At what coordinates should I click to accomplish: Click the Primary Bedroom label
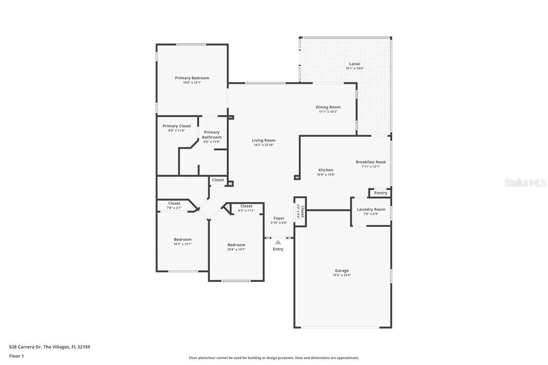[192, 78]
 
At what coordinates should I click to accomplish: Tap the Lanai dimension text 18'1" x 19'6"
[354, 68]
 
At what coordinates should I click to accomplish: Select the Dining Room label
[328, 107]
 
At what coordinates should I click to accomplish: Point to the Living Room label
[263, 141]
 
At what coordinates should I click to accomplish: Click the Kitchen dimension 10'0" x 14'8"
[326, 174]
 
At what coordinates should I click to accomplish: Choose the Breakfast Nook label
[371, 162]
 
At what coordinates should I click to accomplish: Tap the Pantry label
[380, 193]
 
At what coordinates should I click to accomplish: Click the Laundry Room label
[371, 209]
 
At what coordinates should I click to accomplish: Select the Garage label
[342, 271]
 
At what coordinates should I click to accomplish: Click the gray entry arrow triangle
[278, 242]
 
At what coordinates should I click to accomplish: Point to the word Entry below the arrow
[278, 249]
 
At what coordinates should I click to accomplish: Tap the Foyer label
[279, 218]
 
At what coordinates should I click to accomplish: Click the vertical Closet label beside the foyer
[302, 211]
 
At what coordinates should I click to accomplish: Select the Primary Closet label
[177, 126]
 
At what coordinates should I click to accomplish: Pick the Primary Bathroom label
[212, 135]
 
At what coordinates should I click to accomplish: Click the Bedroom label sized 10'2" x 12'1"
[182, 240]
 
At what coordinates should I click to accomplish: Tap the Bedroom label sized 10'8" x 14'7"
[236, 245]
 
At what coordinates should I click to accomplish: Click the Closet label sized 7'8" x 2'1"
[174, 203]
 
